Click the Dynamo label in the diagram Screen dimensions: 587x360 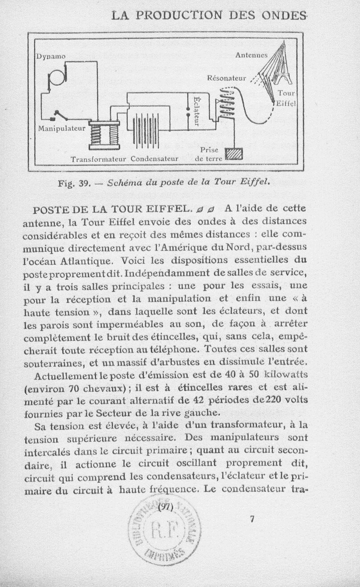[51, 57]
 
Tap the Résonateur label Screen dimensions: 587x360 [227, 78]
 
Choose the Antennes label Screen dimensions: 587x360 [251, 55]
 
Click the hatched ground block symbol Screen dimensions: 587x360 [234, 154]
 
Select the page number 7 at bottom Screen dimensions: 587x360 [252, 519]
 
